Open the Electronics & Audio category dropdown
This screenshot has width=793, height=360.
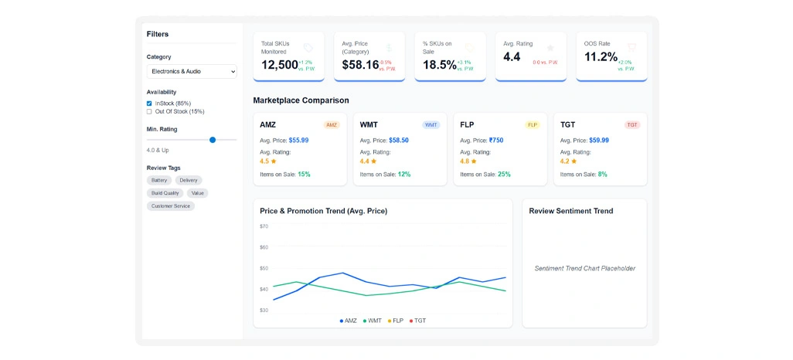coord(192,72)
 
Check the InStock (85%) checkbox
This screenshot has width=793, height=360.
coord(149,104)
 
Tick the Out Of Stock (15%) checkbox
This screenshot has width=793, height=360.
coord(149,111)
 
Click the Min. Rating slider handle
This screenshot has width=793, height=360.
coord(213,140)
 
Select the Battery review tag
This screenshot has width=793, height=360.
coord(159,180)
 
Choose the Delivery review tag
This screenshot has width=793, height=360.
coord(189,180)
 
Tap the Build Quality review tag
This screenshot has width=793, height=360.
coord(165,193)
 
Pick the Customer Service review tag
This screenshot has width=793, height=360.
coord(171,206)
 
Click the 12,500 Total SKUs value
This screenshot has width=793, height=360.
coord(279,65)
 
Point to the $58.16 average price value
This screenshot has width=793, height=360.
coord(360,65)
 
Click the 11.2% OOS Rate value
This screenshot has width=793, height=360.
coord(601,57)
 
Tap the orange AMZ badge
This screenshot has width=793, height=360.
coord(332,125)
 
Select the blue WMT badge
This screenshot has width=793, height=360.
coord(431,125)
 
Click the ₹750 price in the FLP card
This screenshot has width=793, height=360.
coord(496,141)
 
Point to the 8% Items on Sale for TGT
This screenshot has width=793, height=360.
coord(602,175)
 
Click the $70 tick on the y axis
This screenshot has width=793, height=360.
coord(264,226)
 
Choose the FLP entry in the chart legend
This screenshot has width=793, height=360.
coord(395,321)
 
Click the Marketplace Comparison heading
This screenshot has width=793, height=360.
coord(301,100)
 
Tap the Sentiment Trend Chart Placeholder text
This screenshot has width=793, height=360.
coord(584,269)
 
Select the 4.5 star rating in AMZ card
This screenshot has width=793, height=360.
coord(267,161)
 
